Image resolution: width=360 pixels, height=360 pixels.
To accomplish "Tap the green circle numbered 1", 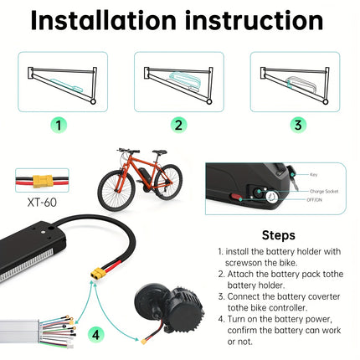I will pos(56,125).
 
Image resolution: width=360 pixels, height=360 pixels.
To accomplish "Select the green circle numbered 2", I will pos(179,125).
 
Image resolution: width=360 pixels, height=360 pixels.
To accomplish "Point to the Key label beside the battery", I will pos(314,176).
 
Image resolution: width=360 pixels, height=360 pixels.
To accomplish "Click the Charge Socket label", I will pos(324,191).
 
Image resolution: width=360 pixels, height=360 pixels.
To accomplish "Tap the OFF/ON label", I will pos(317,200).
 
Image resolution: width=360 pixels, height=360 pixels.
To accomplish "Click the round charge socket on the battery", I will pos(271,198).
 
